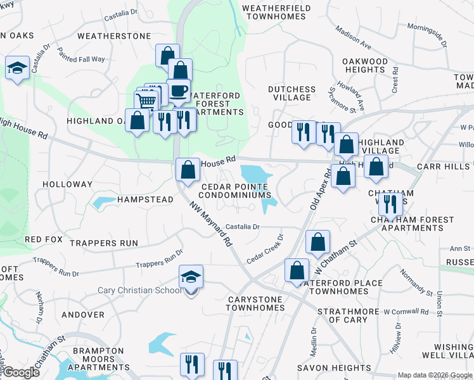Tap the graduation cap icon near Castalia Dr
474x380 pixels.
click(x=18, y=68)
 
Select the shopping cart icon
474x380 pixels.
click(x=146, y=101)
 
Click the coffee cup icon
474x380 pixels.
click(x=179, y=90)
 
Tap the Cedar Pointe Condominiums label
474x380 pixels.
click(x=236, y=191)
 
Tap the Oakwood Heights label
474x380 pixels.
click(x=365, y=65)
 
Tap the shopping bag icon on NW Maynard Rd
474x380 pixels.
click(x=188, y=169)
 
